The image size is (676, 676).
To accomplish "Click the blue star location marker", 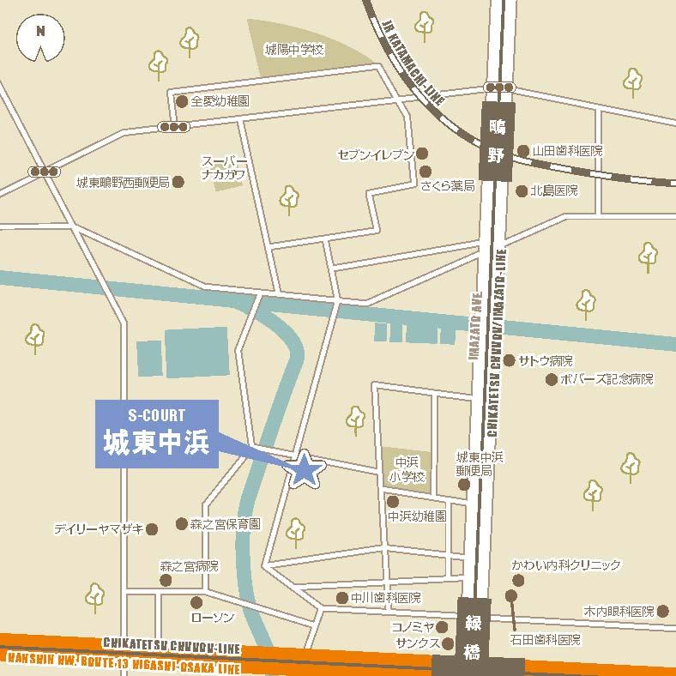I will pos(305,469).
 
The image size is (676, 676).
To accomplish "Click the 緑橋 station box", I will pos(474,630).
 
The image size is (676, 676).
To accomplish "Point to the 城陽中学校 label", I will pos(294,50).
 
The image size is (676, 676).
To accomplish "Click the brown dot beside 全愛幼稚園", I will pos(181,101).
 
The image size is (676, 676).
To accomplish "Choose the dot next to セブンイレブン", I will pos(423,154).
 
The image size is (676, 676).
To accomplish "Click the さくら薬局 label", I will pos(447,185).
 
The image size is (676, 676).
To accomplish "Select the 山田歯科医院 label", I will pos(567,150).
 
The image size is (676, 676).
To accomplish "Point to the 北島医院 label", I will pos(554,190).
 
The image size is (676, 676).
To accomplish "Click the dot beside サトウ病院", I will pos(510,360).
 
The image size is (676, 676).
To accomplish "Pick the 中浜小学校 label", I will pos(404,468).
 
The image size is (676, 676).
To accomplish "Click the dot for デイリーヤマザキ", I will pos(152,529).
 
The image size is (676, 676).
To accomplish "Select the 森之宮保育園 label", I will pos(225,523).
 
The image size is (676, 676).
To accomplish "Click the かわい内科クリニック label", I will pos(566,565).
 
